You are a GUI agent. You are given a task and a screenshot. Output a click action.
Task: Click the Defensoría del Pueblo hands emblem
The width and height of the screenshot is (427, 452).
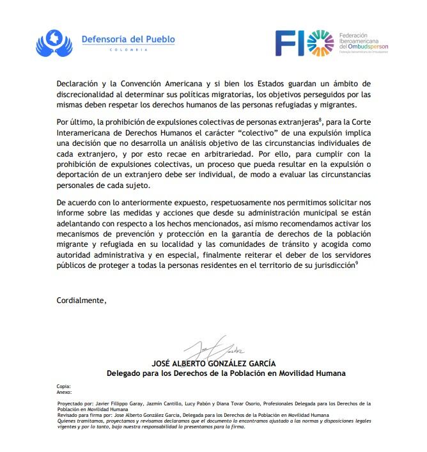click(x=56, y=42)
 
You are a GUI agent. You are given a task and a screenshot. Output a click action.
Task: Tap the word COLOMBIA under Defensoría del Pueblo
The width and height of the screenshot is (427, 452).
click(x=128, y=50)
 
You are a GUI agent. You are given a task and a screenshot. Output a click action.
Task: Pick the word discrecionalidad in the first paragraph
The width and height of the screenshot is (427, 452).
click(x=93, y=95)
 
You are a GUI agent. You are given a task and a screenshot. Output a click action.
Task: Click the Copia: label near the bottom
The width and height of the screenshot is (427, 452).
click(x=63, y=387)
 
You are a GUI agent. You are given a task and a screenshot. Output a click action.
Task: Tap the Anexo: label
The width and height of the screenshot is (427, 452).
click(x=64, y=392)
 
